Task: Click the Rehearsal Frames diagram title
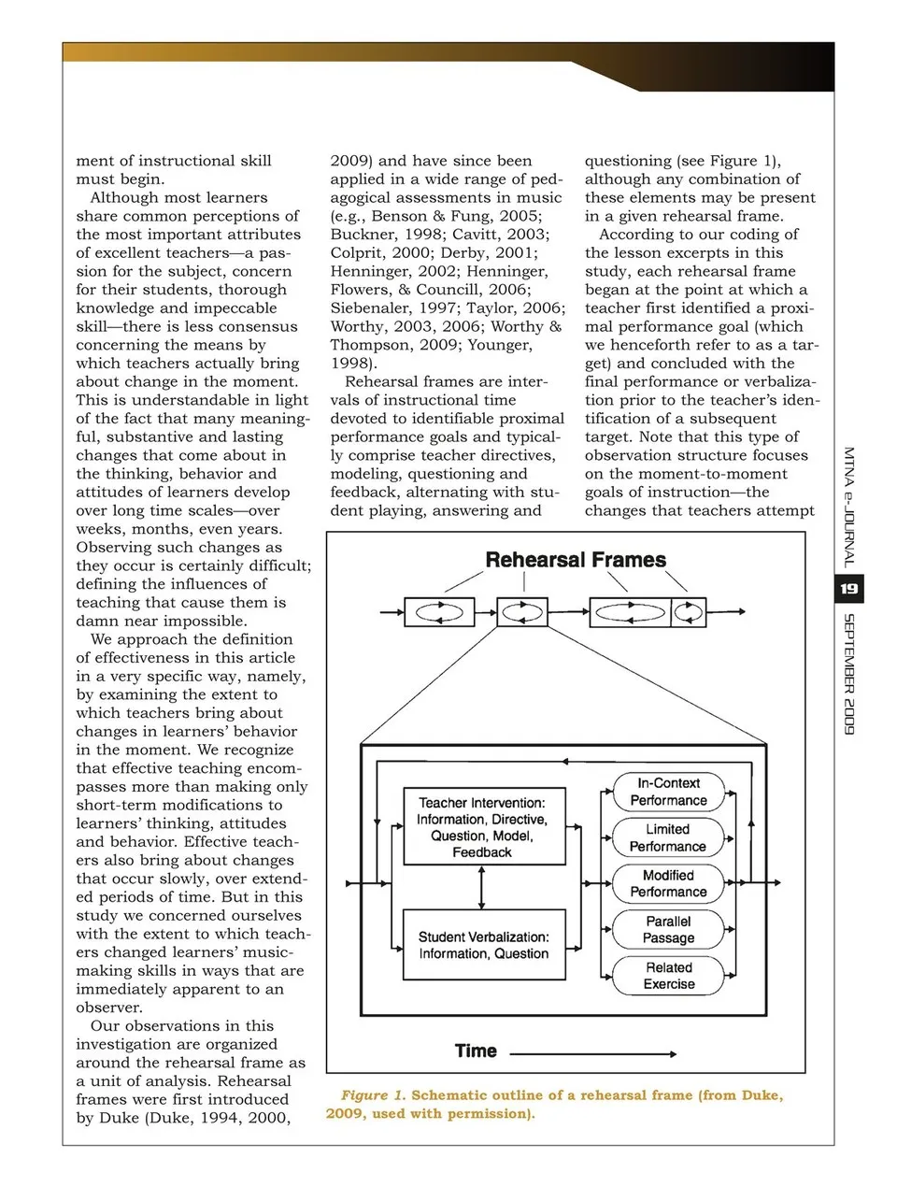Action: [575, 560]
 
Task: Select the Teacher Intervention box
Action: [484, 826]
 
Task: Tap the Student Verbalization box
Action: [484, 944]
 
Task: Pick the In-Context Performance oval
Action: [668, 792]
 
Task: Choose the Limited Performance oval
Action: [668, 837]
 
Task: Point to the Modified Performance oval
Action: [668, 883]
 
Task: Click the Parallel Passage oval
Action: [668, 929]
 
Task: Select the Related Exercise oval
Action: [668, 975]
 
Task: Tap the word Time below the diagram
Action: [476, 1051]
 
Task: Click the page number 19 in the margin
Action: [848, 589]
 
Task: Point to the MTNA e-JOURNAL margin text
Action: [848, 508]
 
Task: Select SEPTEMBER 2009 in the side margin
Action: [848, 673]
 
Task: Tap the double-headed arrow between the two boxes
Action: [481, 886]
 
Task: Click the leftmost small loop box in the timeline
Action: [439, 612]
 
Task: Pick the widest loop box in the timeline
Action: [630, 612]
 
